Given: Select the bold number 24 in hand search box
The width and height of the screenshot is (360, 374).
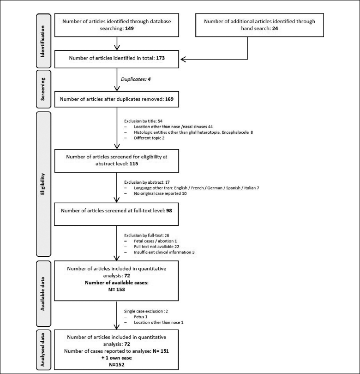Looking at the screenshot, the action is coord(275,28).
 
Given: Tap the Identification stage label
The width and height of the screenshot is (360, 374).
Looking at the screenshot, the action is coord(42,42).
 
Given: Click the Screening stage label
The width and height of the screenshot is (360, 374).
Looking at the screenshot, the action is coord(42,89).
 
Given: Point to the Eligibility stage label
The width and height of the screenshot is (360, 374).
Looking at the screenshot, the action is coord(42,184).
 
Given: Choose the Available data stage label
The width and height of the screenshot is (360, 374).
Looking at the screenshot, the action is coord(42,294).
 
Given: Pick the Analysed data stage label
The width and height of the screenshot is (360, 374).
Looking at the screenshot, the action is coord(42,350).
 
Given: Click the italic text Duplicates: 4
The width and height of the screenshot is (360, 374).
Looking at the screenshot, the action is coord(136,79).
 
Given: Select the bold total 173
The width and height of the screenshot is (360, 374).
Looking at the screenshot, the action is coord(161,58).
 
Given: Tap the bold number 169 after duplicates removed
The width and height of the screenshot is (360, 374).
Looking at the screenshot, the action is coord(169,99).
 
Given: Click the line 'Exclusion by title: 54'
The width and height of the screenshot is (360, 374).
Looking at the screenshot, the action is coord(143,121).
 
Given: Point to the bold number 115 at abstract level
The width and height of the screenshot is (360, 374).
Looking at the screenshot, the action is coord(134,164).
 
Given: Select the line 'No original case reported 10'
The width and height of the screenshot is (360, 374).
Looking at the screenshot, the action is coord(160,193).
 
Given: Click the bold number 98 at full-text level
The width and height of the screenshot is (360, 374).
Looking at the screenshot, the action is coord(169,211).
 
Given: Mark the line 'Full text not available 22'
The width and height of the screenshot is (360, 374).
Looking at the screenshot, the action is coord(156,247).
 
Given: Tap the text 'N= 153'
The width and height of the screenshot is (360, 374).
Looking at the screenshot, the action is coord(117,290).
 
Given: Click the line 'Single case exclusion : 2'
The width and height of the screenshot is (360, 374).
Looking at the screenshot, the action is coord(146,311).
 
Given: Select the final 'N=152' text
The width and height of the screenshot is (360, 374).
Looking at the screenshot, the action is coord(117,365).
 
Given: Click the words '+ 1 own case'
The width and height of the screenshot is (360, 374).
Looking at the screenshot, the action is coord(117,358).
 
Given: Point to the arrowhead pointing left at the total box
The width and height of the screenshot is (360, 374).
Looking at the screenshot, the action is coord(183,60).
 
